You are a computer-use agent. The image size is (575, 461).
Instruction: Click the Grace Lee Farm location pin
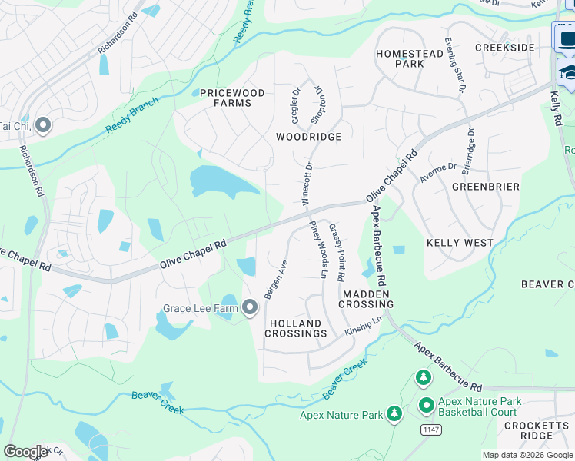tap(250, 308)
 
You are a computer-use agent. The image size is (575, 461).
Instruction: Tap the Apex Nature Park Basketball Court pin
tap(426, 405)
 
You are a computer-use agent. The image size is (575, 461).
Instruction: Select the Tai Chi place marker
tap(43, 124)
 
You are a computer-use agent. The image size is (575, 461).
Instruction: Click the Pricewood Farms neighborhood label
tap(232, 98)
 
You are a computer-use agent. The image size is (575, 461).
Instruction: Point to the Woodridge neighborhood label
tap(308, 136)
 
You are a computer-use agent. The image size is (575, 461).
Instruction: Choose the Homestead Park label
tap(399, 58)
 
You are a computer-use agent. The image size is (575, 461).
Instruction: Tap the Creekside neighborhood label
tap(504, 48)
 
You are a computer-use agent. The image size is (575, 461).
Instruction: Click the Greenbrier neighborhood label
tap(485, 187)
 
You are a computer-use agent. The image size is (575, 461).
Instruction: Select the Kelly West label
tap(460, 243)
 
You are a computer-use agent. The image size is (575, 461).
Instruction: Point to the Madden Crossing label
tap(368, 299)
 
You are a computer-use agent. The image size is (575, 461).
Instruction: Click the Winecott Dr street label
tap(307, 182)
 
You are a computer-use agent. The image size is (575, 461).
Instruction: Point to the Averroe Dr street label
tap(438, 172)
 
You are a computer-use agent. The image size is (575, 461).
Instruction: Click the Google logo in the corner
tap(25, 451)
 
